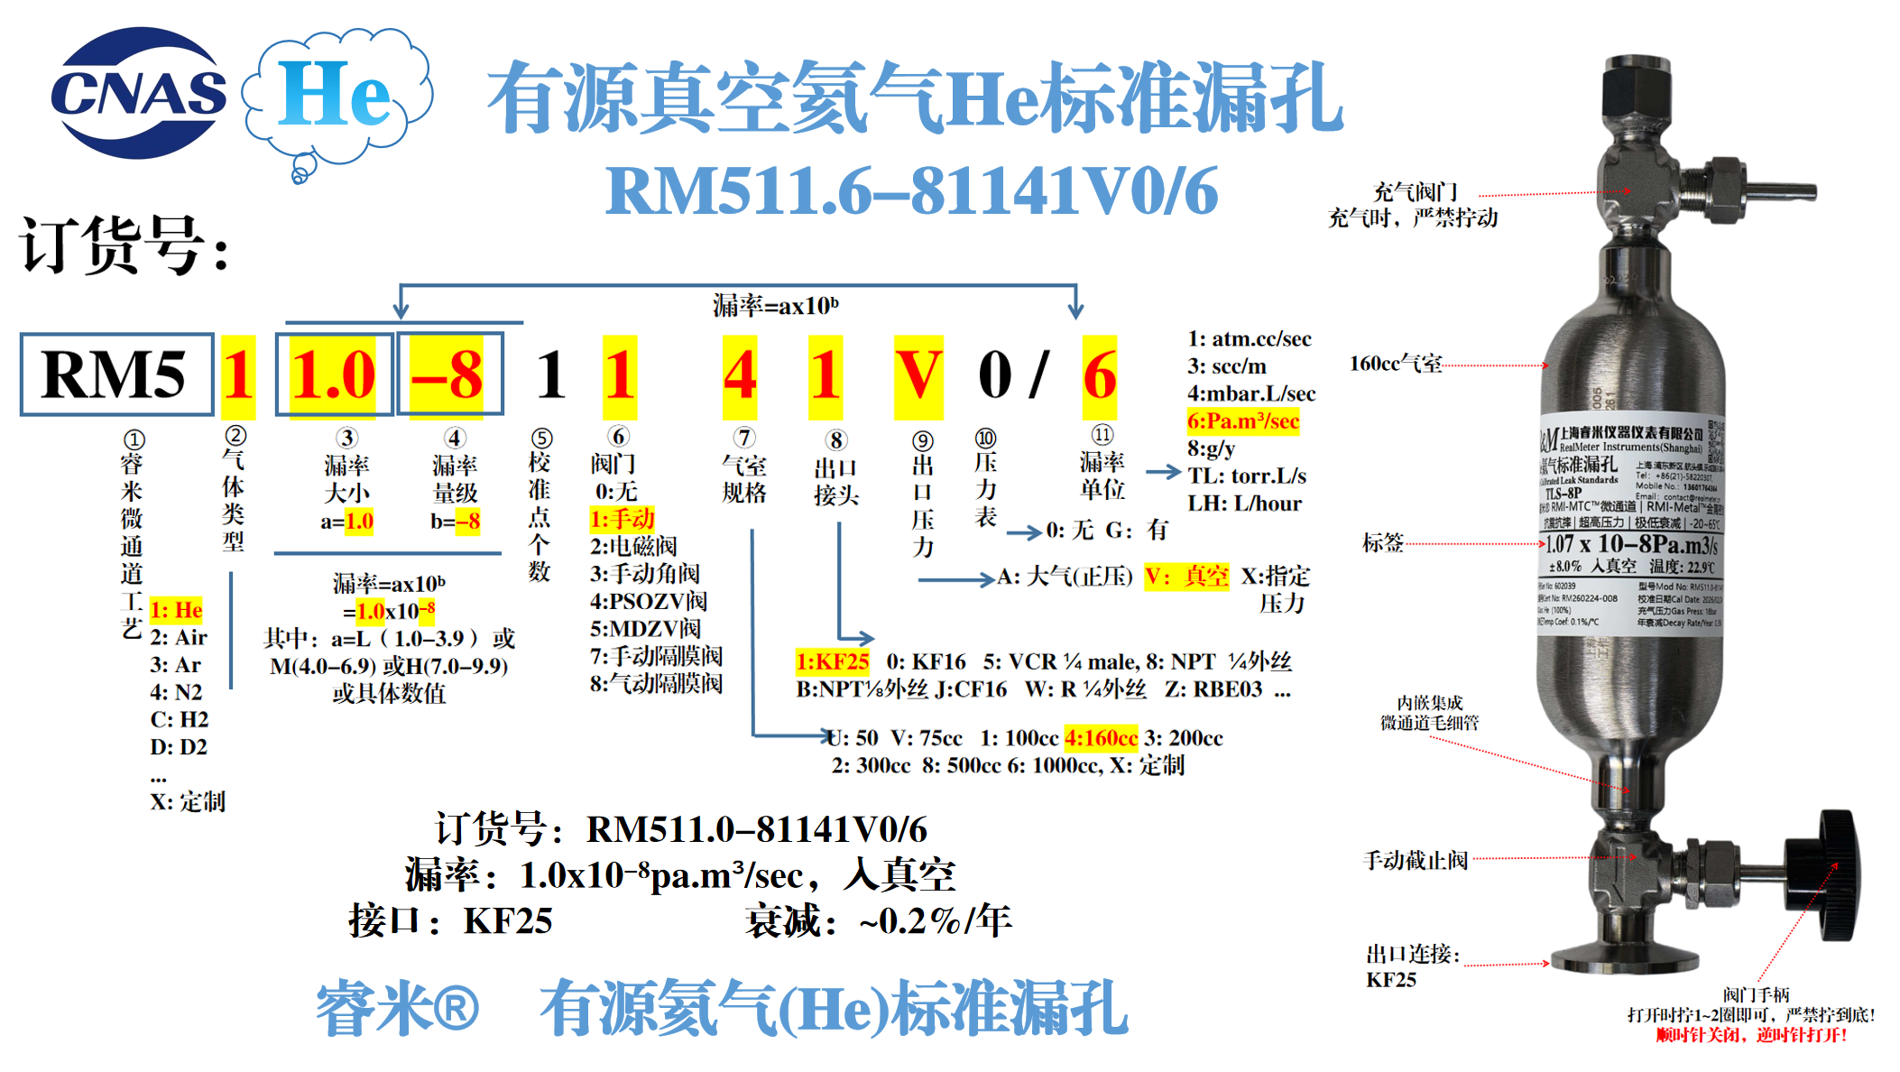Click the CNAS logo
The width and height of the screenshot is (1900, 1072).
tap(137, 92)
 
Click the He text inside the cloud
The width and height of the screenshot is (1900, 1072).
tap(334, 94)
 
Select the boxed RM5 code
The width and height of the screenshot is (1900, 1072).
tap(116, 374)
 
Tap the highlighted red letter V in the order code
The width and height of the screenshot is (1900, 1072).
tap(918, 375)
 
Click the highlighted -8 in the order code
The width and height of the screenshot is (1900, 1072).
tap(448, 374)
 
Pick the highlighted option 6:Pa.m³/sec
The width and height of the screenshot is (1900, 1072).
tap(1243, 421)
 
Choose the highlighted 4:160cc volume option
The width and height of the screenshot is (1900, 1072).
tap(1101, 738)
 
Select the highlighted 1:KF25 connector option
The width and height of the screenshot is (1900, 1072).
tap(832, 661)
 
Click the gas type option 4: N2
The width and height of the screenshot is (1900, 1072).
tap(176, 692)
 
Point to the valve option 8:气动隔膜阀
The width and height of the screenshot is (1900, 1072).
tap(656, 684)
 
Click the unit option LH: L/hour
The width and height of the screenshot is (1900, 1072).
tap(1245, 504)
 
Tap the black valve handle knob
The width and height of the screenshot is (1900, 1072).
tap(1837, 873)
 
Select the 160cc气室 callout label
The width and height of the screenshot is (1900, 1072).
tap(1395, 364)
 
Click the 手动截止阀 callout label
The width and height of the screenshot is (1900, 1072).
tap(1415, 860)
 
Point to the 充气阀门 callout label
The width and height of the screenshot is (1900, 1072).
tap(1415, 192)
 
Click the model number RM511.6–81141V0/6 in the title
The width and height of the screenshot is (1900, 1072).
tap(911, 191)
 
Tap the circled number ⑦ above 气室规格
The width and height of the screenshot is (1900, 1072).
tap(743, 438)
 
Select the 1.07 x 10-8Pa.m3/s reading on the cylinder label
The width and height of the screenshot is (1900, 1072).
tap(1631, 544)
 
